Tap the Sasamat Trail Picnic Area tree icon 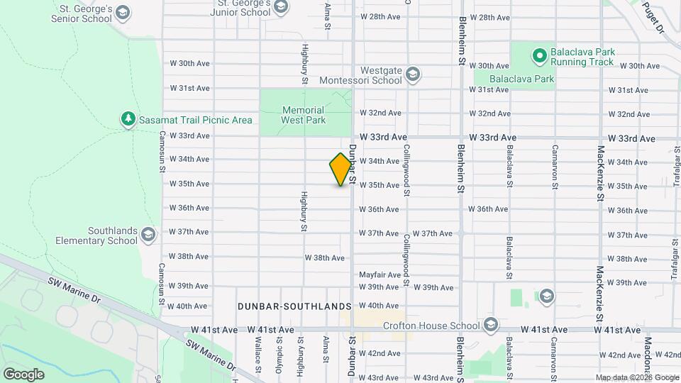(128, 119)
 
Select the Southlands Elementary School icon (148, 234)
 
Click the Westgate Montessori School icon (413, 74)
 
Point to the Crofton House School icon (491, 326)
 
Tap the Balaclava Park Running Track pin (538, 55)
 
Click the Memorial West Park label (303, 115)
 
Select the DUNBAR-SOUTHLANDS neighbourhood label (294, 306)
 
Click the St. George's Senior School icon (123, 13)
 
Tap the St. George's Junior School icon (281, 7)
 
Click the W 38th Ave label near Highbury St (324, 257)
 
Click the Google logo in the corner (23, 374)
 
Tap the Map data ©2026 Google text (636, 377)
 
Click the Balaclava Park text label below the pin (523, 79)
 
